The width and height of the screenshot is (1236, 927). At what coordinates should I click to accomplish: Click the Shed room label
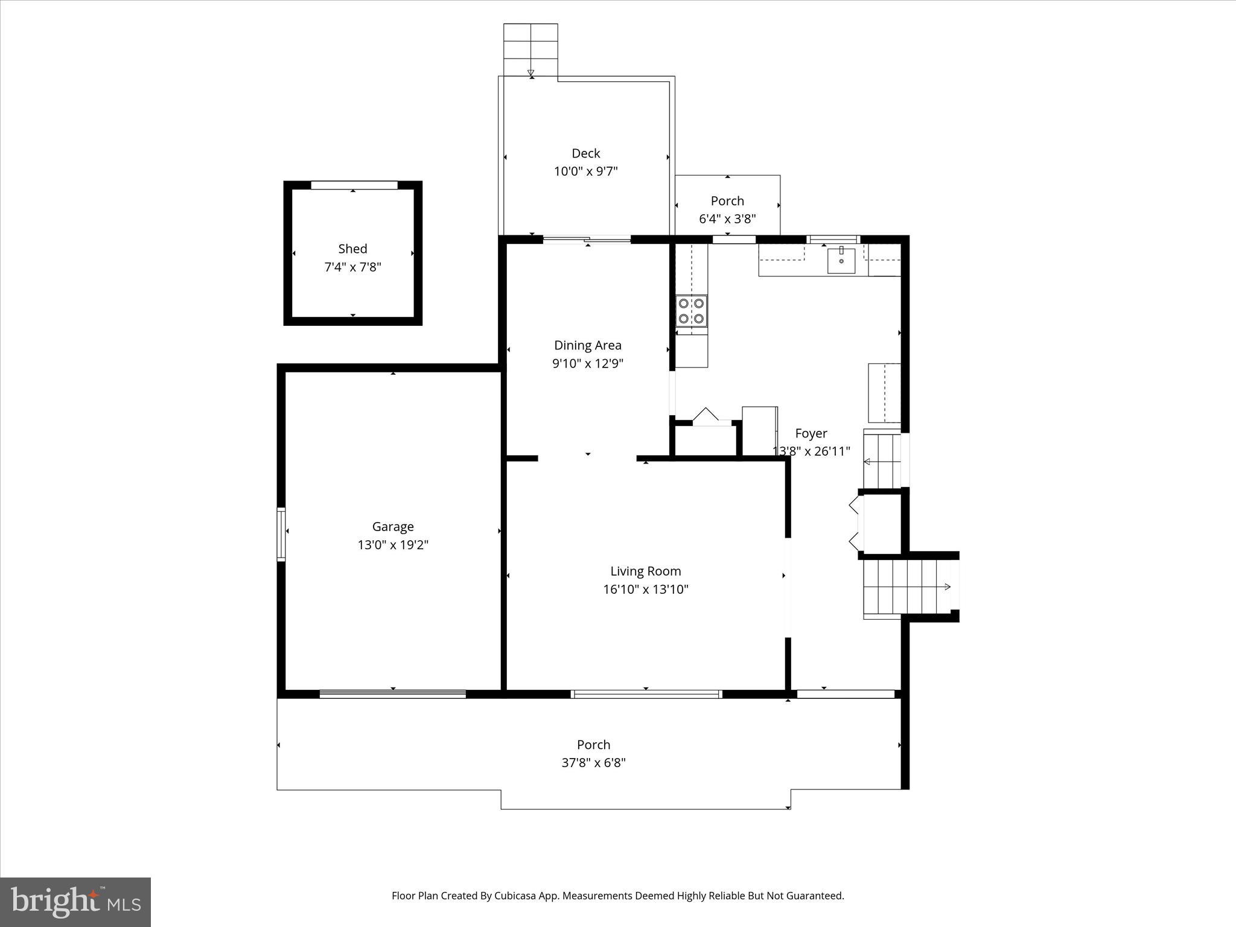click(x=352, y=249)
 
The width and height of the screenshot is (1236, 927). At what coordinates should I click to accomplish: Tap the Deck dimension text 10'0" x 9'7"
click(x=585, y=171)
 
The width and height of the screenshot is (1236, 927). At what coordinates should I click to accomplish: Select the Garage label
click(x=393, y=527)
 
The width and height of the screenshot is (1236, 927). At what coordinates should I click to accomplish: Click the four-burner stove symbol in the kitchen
click(x=691, y=311)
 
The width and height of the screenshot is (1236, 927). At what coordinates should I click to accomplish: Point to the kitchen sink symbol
click(x=841, y=260)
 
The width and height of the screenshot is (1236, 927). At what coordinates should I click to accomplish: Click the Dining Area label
click(x=587, y=345)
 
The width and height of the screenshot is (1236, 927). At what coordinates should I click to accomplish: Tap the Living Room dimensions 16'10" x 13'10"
click(x=645, y=590)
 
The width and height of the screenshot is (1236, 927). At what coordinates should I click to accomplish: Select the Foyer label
click(x=811, y=433)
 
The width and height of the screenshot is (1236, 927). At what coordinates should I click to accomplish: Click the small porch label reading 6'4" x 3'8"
click(x=727, y=219)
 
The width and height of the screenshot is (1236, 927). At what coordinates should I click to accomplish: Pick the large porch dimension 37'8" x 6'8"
click(x=593, y=763)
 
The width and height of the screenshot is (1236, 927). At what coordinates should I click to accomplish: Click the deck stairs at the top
click(x=530, y=49)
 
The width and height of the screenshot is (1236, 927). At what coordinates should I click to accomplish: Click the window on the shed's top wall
click(x=354, y=185)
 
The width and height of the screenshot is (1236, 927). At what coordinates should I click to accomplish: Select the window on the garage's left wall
click(x=281, y=535)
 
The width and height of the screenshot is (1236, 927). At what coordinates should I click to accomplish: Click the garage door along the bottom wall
click(x=392, y=694)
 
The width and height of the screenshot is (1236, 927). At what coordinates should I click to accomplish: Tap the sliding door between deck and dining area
click(x=587, y=240)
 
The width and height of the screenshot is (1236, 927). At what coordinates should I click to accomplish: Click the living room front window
click(x=646, y=694)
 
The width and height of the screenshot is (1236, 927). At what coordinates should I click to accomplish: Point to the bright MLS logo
click(x=75, y=902)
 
